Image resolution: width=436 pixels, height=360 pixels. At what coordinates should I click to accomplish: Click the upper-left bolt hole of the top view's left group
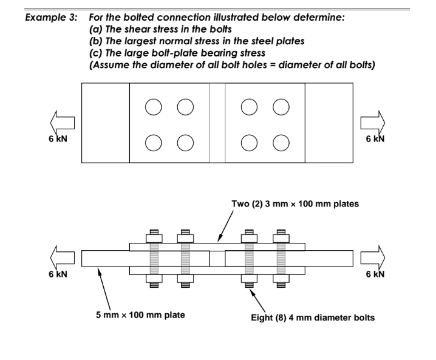(154, 107)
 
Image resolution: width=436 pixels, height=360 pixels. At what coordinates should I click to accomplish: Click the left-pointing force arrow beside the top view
(63, 123)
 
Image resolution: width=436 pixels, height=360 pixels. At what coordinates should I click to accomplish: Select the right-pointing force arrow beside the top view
(371, 123)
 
